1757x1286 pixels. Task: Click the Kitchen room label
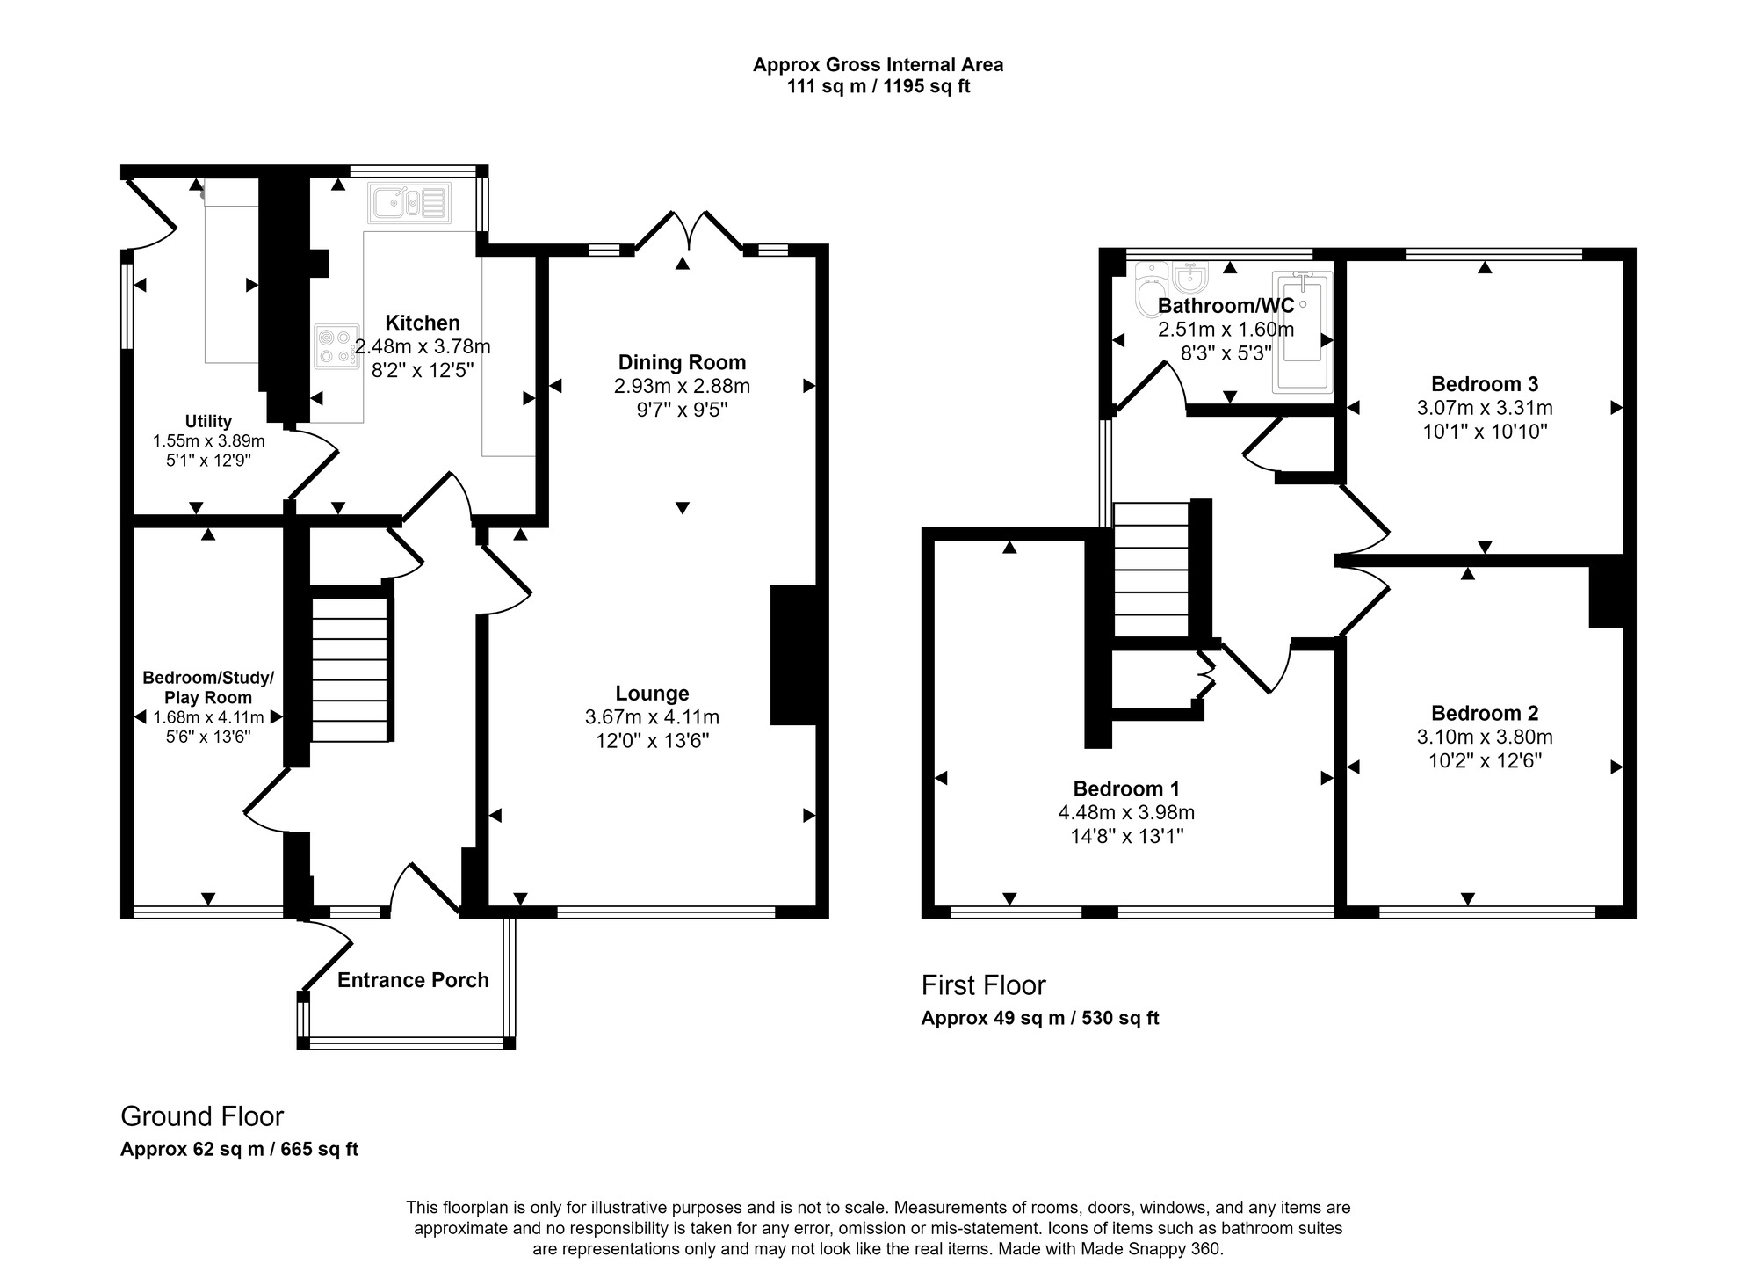tap(422, 323)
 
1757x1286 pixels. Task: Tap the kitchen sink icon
tap(409, 203)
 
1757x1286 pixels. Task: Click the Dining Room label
tap(682, 362)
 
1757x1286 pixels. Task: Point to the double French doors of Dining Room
tap(689, 231)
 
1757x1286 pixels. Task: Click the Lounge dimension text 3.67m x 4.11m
tap(652, 717)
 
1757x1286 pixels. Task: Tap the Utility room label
tap(208, 421)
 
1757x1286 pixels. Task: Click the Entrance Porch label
tap(413, 980)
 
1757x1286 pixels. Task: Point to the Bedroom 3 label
tap(1484, 384)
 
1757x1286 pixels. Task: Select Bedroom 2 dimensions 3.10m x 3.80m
tap(1485, 737)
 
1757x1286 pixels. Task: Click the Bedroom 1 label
tap(1126, 788)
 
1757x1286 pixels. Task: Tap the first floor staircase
tap(1151, 570)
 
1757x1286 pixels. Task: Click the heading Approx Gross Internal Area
tap(878, 64)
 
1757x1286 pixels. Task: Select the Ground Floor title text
tap(202, 1116)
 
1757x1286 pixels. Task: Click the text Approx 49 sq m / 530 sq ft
tap(1039, 1018)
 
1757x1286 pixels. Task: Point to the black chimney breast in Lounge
tap(793, 655)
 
